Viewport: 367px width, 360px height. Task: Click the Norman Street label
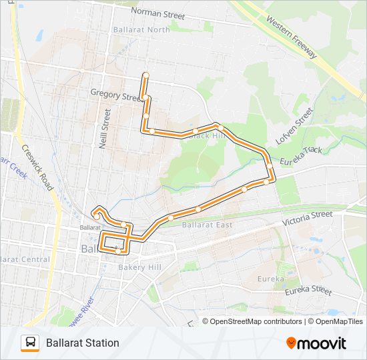tap(157, 11)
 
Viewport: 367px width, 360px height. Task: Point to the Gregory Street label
tap(117, 96)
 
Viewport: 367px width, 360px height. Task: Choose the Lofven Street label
tap(294, 128)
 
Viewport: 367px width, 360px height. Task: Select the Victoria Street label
tap(307, 217)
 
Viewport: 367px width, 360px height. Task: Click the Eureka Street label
tap(308, 291)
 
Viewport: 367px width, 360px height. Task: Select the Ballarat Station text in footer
tap(83, 343)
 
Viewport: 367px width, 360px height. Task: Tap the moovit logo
tap(316, 343)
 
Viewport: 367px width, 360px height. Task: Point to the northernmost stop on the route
tap(145, 74)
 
